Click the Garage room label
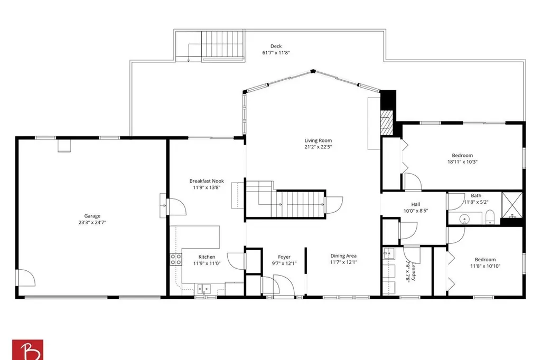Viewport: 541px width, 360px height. (x=92, y=216)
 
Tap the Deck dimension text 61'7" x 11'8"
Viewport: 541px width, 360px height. (x=276, y=53)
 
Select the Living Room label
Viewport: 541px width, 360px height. (x=318, y=140)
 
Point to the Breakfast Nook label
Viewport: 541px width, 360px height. (x=207, y=181)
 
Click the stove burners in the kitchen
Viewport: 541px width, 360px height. (x=176, y=259)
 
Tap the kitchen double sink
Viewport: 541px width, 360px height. (x=204, y=288)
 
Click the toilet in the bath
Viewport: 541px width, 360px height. (x=490, y=217)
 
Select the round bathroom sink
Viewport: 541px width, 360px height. (x=464, y=219)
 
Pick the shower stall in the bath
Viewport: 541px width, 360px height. (x=511, y=205)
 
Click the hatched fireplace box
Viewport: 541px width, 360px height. (x=386, y=122)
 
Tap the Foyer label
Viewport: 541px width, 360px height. (x=284, y=257)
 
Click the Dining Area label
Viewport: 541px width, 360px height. (x=343, y=256)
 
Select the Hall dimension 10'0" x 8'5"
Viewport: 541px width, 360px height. (x=416, y=211)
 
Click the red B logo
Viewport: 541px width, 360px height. (x=27, y=349)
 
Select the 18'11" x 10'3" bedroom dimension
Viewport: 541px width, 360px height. (x=462, y=162)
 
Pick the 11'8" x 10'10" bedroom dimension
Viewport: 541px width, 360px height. (x=485, y=266)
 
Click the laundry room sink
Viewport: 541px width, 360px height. (x=389, y=253)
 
